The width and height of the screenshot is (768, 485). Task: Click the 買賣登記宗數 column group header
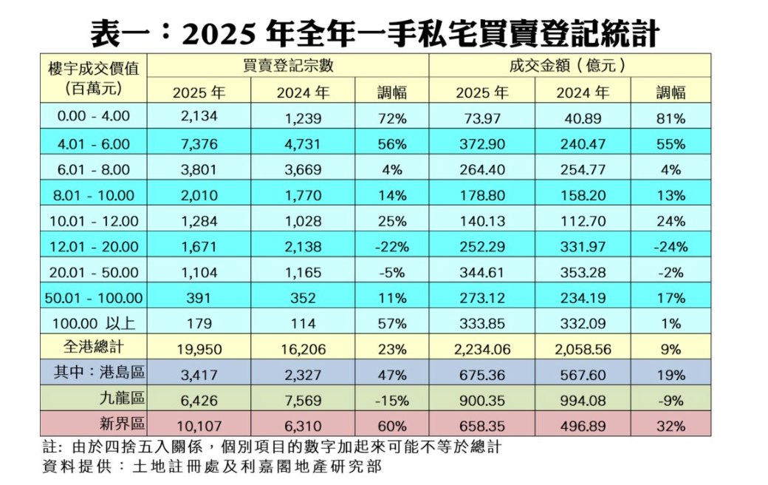click(x=288, y=65)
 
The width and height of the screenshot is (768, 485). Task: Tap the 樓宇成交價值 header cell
click(x=93, y=78)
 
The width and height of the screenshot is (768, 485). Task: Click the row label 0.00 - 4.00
click(x=93, y=117)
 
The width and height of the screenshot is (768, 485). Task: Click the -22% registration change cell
click(x=391, y=246)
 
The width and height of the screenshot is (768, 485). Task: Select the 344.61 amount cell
click(x=480, y=272)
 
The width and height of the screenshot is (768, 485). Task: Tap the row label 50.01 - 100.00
click(x=93, y=298)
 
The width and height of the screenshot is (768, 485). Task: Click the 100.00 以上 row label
click(x=93, y=324)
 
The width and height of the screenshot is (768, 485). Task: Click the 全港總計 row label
click(x=93, y=347)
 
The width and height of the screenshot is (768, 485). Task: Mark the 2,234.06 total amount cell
click(x=480, y=349)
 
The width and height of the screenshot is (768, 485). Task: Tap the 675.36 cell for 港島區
click(x=480, y=375)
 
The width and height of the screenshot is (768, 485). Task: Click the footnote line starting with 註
click(x=273, y=448)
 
